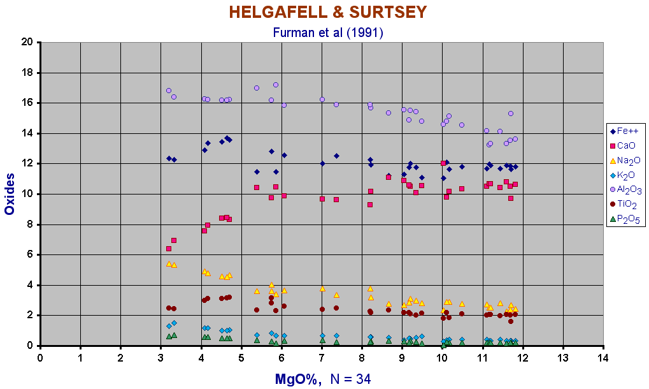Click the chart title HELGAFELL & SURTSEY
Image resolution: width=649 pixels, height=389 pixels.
tap(327, 13)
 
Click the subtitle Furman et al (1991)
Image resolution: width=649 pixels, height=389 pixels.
tap(327, 32)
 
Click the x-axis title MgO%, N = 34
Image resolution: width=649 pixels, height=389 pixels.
tap(322, 379)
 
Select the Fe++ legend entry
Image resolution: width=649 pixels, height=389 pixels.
tap(626, 130)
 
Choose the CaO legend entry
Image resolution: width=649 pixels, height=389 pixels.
tap(626, 145)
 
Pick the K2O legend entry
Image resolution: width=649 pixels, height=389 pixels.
tap(626, 175)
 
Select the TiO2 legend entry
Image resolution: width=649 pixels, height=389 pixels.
tap(627, 205)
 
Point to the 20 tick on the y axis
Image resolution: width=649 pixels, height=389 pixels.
tap(27, 42)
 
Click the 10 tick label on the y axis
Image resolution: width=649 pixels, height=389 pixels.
tap(27, 194)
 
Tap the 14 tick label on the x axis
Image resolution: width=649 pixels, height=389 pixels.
tap(603, 357)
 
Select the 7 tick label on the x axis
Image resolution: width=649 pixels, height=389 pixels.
tap(322, 357)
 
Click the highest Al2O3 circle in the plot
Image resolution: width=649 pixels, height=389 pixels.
tap(276, 85)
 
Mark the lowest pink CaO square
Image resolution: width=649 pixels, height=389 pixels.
tap(169, 249)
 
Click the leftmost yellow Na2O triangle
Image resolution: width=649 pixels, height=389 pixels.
tap(169, 263)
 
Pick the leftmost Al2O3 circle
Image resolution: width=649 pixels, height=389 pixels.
tap(169, 91)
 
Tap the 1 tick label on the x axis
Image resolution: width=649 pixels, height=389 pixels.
tap(80, 357)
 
